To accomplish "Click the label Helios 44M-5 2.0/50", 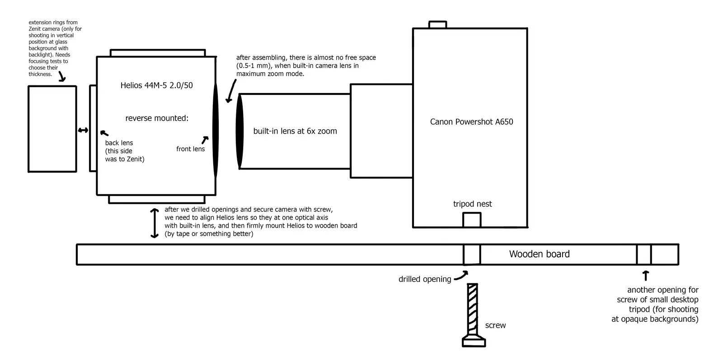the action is point(156,85).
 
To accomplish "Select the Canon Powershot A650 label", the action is point(472,122).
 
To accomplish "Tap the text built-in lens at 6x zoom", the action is point(295,131).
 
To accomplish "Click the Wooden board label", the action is point(540,254).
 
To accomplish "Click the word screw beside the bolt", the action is point(495,326).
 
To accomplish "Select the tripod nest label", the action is point(473,204).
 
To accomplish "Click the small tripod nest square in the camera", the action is point(472,220).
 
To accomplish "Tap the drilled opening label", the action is point(425,279).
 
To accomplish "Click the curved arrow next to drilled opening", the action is point(461,276).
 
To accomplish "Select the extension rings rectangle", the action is point(52,129).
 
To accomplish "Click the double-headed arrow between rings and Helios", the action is point(83,130).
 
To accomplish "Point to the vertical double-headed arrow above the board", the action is point(155,223).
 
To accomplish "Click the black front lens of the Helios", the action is point(216,131).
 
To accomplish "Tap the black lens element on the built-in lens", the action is point(239,131).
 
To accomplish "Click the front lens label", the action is point(190,149).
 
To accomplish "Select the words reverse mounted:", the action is point(157,118).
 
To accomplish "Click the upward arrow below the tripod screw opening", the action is point(646,276).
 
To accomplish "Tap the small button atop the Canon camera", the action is point(438,24).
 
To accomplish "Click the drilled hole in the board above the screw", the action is point(472,254).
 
